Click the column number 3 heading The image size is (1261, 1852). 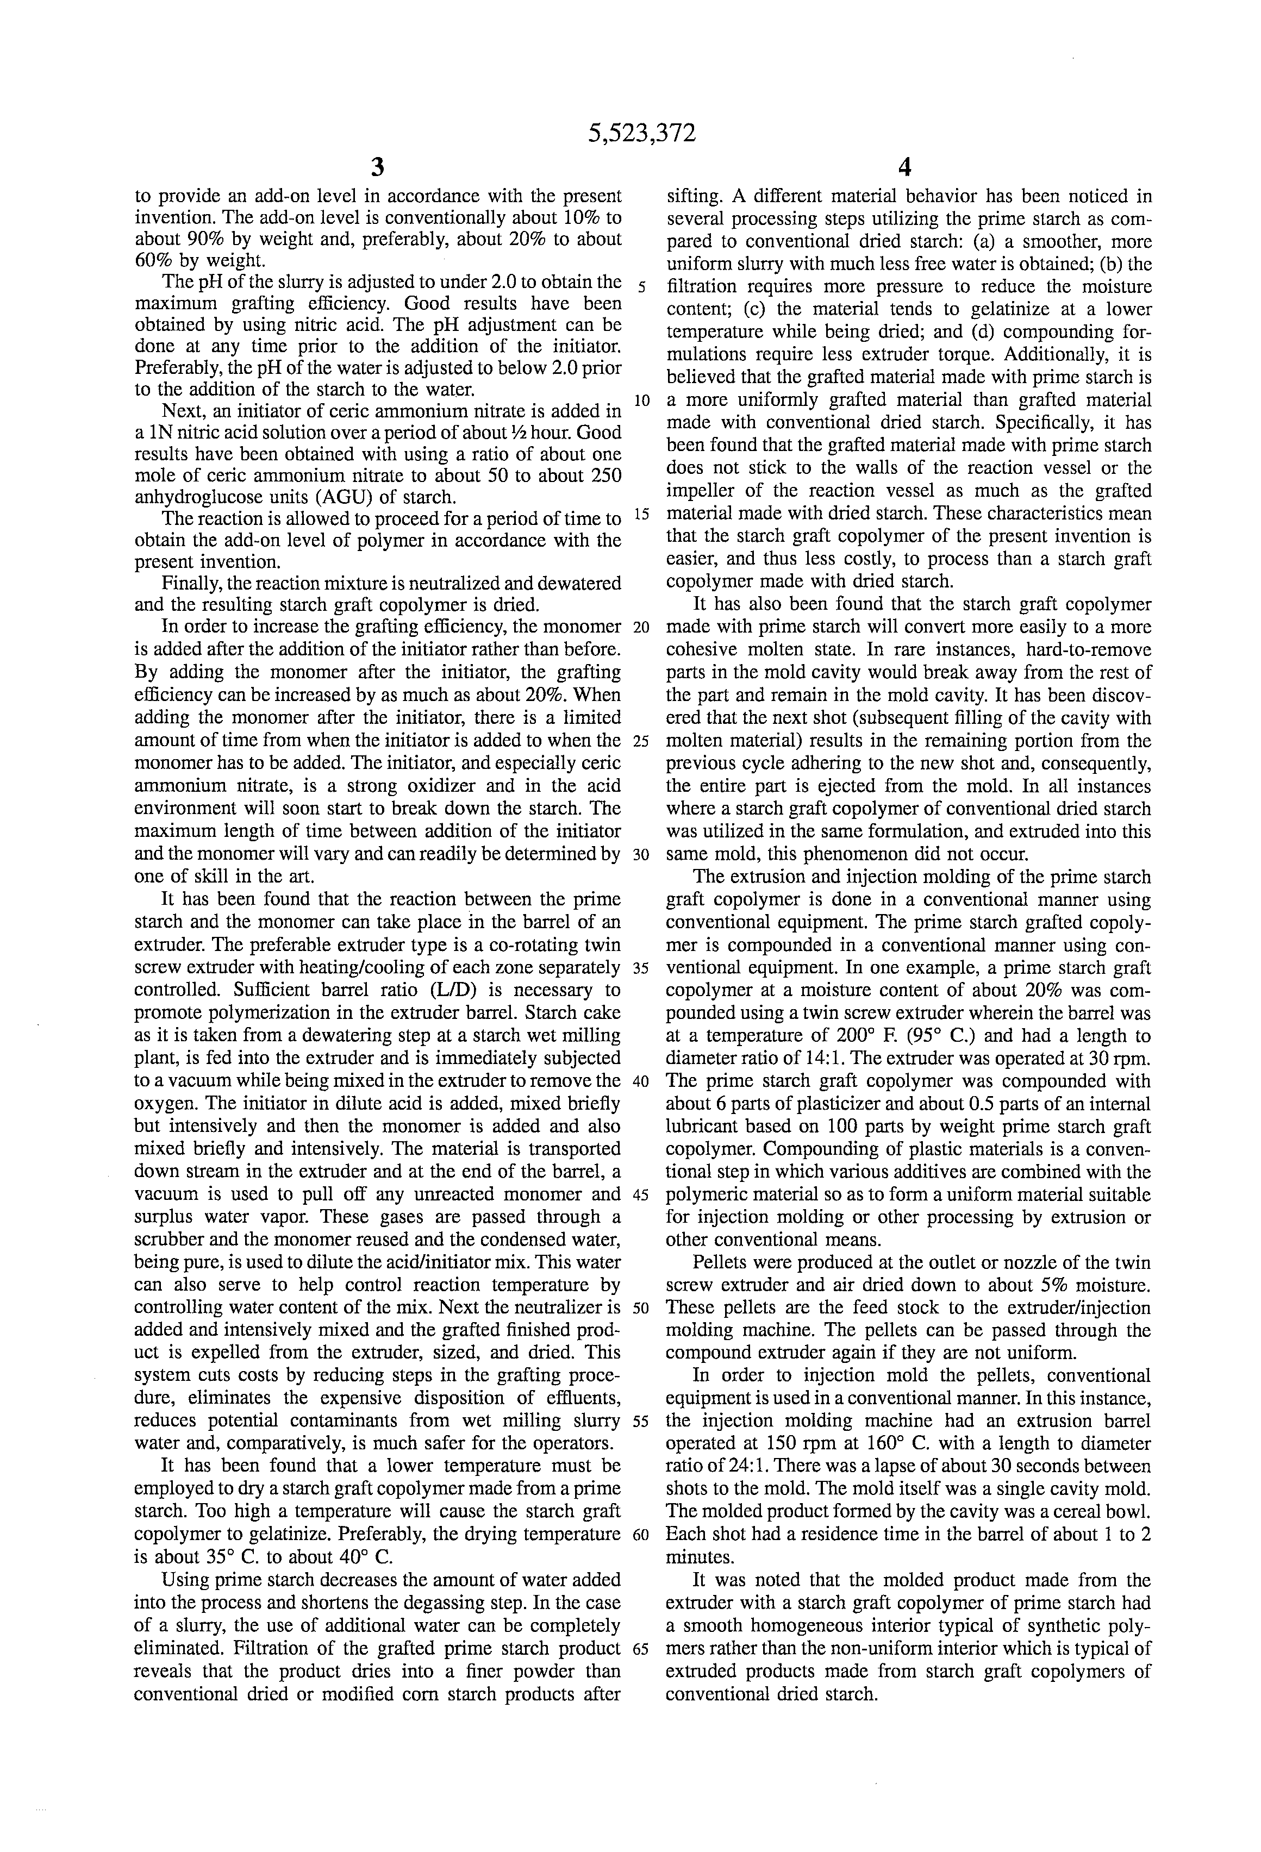[x=378, y=167]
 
